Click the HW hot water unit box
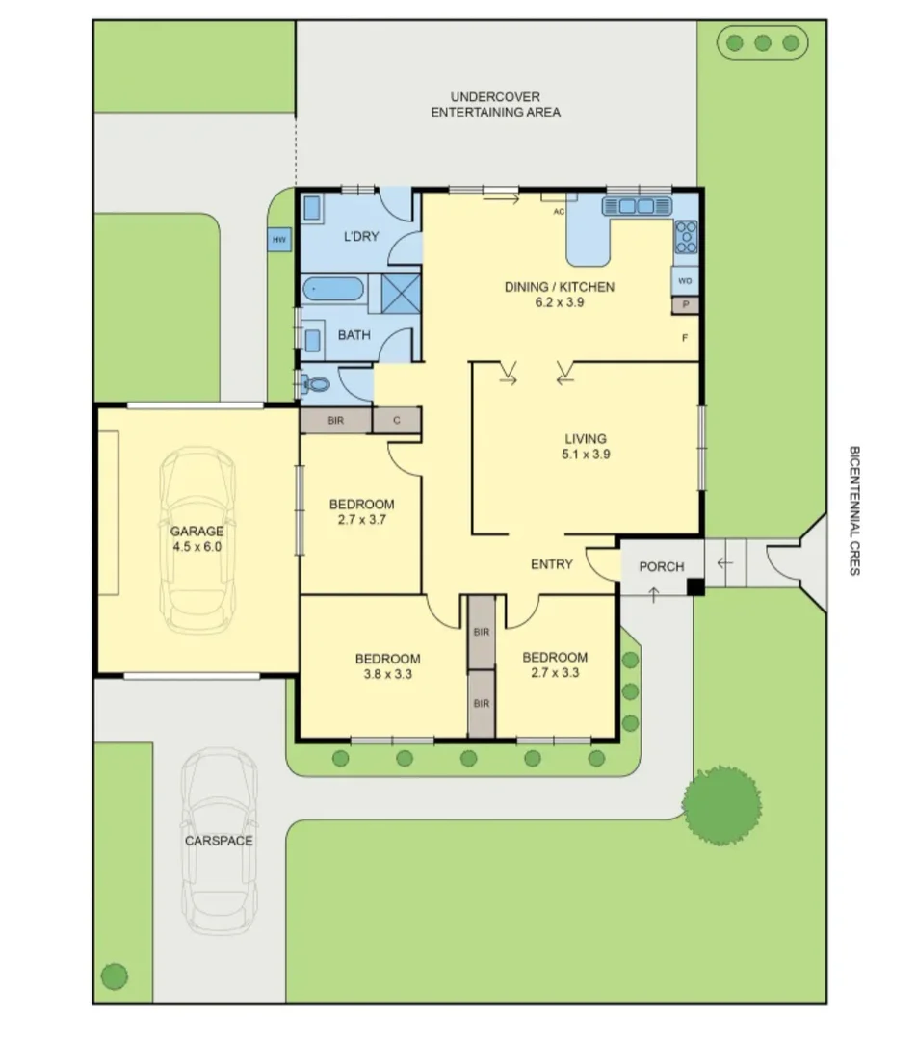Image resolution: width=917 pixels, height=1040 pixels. [x=278, y=240]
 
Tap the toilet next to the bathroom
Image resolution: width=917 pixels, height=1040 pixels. [x=316, y=384]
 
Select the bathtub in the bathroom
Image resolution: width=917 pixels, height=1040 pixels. [x=332, y=289]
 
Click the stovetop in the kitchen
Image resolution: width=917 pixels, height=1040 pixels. [x=686, y=236]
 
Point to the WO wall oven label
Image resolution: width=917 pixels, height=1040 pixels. [x=685, y=281]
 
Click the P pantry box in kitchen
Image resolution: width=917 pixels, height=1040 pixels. [x=685, y=304]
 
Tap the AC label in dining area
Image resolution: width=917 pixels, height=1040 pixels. [x=558, y=212]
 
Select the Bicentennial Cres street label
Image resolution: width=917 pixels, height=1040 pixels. [x=853, y=510]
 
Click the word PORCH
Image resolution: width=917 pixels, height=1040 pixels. [x=662, y=566]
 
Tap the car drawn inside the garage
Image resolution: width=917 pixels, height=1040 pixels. [x=197, y=539]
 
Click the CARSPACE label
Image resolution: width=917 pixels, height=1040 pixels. [x=219, y=841]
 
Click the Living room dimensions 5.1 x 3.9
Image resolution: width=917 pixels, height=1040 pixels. [x=586, y=455]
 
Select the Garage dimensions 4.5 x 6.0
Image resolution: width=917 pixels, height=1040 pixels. [x=196, y=546]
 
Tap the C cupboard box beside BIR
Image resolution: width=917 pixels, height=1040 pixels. [x=396, y=421]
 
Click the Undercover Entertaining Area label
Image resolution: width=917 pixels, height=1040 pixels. [x=495, y=104]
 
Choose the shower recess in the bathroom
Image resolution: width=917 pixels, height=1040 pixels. [x=401, y=290]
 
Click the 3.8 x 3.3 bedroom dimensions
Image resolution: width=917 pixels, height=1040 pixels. [x=387, y=674]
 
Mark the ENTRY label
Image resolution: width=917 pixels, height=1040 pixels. [x=552, y=564]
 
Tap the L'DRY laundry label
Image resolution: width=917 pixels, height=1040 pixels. [x=361, y=237]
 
